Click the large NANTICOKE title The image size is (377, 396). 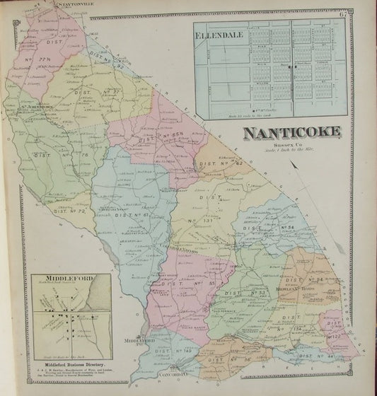pyautogui.click(x=291, y=133)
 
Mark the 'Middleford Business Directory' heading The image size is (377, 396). pyautogui.click(x=67, y=366)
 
